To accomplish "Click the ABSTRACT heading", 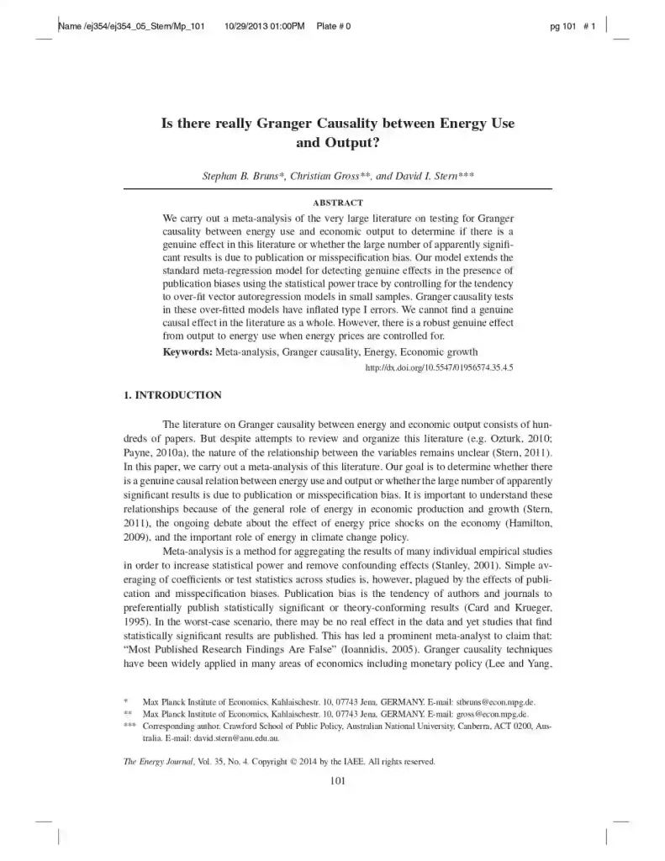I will pyautogui.click(x=337, y=203).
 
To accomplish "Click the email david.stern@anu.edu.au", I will pyautogui.click(x=233, y=737).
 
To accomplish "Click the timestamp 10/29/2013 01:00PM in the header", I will pyautogui.click(x=265, y=26).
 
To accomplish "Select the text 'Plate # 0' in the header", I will pyautogui.click(x=333, y=26).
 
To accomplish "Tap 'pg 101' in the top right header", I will pyautogui.click(x=562, y=26).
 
